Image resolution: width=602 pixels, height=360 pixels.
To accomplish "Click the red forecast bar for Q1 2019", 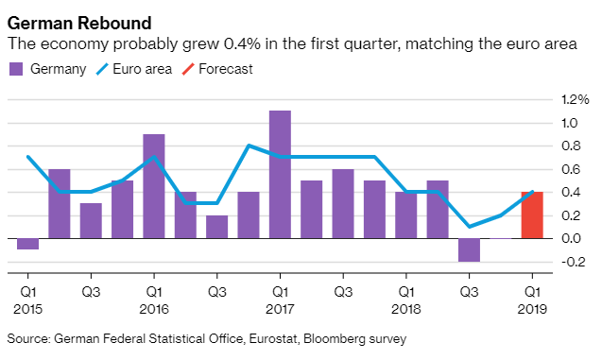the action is (532, 214).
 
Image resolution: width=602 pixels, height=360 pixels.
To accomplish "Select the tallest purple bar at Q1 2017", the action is (280, 175).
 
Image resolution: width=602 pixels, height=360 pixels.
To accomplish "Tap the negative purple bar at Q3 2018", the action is (469, 250).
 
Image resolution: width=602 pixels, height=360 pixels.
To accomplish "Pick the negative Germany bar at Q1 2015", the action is (28, 244).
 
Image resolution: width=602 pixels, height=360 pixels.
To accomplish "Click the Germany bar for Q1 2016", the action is (154, 186).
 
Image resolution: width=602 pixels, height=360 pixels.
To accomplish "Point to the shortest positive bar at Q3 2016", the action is (217, 227).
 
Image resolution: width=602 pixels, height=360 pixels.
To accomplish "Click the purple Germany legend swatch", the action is (16, 69).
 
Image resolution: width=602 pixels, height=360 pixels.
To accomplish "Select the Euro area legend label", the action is (142, 69).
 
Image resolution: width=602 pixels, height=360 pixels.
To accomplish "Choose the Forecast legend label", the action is (226, 69).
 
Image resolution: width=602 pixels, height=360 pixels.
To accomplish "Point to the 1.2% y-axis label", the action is (575, 100).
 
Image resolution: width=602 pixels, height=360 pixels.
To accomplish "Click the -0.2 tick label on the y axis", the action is (574, 262).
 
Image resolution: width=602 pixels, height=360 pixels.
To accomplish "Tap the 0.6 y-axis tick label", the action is (571, 169).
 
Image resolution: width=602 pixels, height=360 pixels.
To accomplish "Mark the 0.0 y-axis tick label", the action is (571, 238).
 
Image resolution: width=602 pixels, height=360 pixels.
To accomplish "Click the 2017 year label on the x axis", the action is (280, 309).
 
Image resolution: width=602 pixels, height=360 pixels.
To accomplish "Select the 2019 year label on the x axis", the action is (532, 309).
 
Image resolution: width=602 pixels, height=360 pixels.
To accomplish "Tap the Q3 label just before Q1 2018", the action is (343, 292).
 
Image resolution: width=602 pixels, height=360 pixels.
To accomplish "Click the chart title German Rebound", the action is (79, 23).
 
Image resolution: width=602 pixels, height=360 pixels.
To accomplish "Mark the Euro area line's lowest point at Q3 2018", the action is (469, 227).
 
